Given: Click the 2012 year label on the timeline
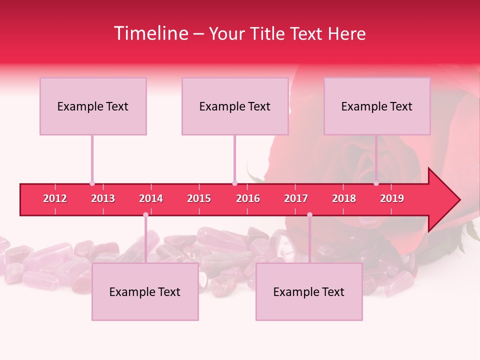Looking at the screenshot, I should point(55,198).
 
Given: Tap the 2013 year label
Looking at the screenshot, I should point(103,198).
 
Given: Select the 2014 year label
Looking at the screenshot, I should point(151,198).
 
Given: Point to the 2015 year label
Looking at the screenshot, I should point(199,198).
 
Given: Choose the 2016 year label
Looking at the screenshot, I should point(248,198).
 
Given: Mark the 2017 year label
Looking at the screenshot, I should point(296,198).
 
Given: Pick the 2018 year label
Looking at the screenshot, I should point(344,198).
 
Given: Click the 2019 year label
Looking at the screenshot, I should point(392,198).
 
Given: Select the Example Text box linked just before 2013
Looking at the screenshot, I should point(93,106).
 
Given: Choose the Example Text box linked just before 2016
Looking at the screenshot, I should point(235,106).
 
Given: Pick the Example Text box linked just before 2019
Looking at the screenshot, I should point(377,106).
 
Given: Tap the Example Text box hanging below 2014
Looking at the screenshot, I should point(145,291).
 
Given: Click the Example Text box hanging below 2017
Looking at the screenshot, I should point(309,291).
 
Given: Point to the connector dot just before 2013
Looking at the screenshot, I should point(92,183).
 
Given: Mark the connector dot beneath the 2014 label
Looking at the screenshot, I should point(145,214).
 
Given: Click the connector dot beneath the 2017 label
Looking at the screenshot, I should point(309,214).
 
